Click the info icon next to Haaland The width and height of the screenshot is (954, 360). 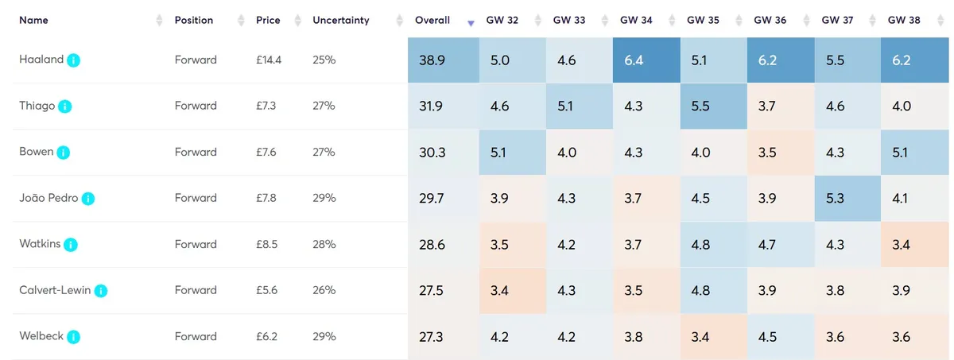point(74,60)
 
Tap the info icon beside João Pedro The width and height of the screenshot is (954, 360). point(88,199)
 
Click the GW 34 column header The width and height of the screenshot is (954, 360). point(635,20)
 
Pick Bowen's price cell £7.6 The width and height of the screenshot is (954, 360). point(266,152)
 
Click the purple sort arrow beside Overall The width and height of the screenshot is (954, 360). point(471,23)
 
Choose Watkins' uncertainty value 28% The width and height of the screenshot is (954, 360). point(324,244)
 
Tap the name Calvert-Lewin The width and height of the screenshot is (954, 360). point(55,290)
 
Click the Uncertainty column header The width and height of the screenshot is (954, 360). point(341,20)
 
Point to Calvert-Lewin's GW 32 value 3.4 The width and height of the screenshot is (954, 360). point(500,290)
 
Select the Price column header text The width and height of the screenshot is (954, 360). point(268,20)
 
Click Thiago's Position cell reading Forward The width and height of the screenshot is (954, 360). point(196,106)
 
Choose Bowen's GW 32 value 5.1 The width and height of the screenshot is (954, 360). point(500,152)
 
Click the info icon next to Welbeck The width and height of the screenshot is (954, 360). point(74,337)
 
